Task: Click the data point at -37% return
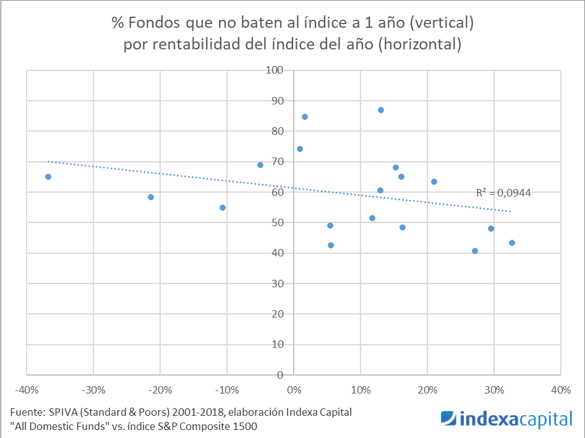pyautogui.click(x=48, y=177)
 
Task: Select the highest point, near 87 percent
pyautogui.click(x=381, y=110)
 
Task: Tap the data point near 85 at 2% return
pyautogui.click(x=305, y=117)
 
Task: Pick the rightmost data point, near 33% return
pyautogui.click(x=512, y=243)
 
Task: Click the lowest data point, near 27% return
pyautogui.click(x=475, y=251)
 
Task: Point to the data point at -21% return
pyautogui.click(x=151, y=197)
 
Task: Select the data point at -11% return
pyautogui.click(x=223, y=208)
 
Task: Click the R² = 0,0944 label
pyautogui.click(x=503, y=193)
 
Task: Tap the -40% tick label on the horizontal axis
pyautogui.click(x=26, y=390)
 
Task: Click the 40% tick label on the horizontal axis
pyautogui.click(x=560, y=390)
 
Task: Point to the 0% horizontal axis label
pyautogui.click(x=293, y=390)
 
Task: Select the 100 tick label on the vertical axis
pyautogui.click(x=274, y=70)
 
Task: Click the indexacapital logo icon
pyautogui.click(x=449, y=419)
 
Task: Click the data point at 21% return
pyautogui.click(x=434, y=182)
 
